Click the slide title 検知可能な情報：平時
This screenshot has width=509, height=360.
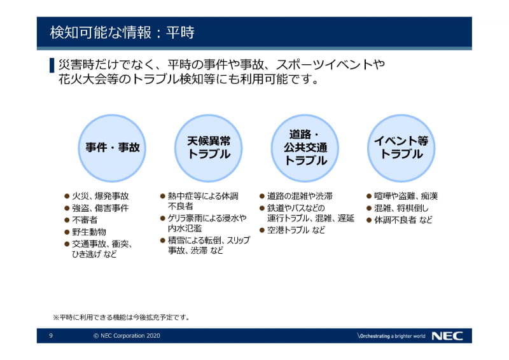(122, 32)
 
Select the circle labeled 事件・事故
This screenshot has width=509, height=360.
(113, 148)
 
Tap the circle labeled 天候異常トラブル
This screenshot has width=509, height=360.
(209, 148)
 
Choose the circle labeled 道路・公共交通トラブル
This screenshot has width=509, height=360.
(305, 148)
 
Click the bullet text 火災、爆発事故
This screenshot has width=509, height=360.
(101, 196)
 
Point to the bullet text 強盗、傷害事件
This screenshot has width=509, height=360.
(101, 208)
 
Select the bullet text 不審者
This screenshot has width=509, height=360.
(85, 220)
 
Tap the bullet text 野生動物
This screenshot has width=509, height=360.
(89, 232)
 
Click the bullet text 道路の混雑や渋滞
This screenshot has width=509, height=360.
(300, 196)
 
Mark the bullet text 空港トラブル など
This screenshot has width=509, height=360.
(296, 230)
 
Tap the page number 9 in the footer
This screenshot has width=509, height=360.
(52, 336)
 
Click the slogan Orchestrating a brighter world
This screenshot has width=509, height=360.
(391, 336)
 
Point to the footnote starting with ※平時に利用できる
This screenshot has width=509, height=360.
(121, 316)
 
